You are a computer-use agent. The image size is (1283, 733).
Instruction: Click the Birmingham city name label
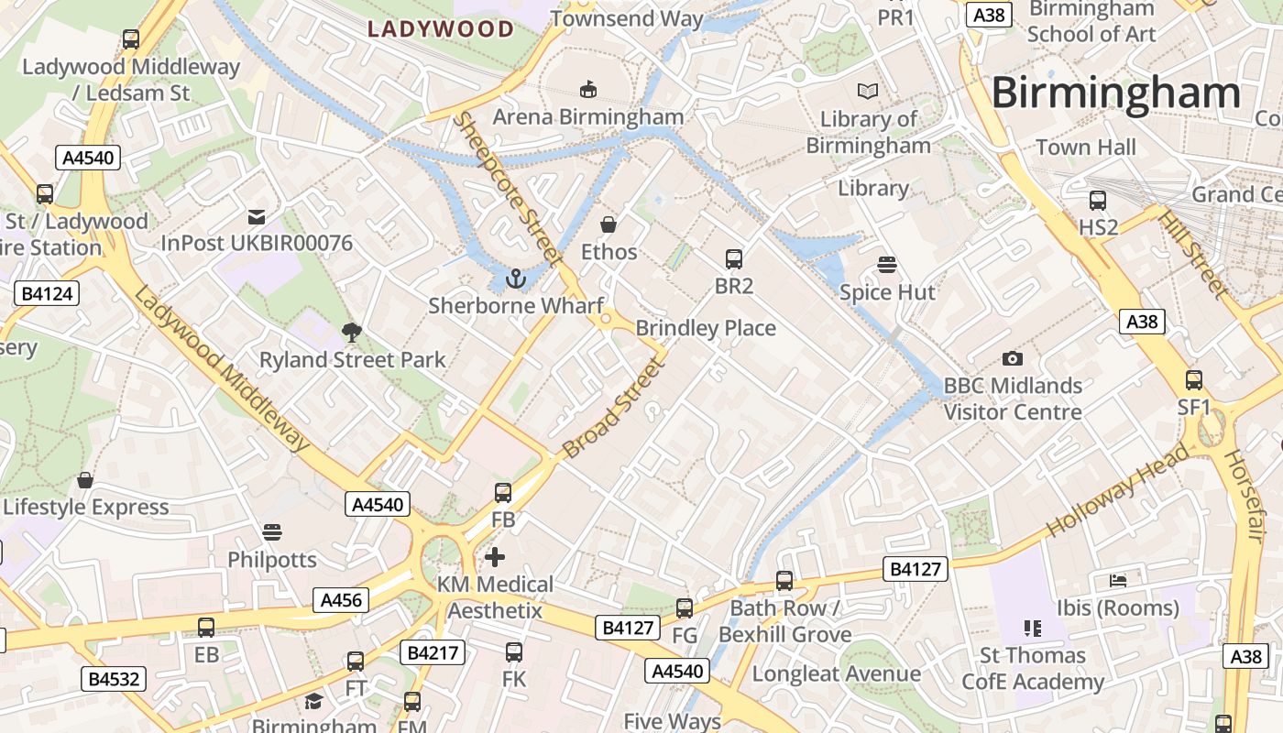click(1115, 93)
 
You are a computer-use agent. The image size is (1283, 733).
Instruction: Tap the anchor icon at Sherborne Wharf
click(515, 279)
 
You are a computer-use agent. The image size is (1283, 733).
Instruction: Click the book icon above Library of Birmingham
click(867, 92)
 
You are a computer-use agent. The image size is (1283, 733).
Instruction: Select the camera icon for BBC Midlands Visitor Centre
click(1012, 358)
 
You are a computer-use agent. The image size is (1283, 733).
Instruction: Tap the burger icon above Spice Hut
click(886, 266)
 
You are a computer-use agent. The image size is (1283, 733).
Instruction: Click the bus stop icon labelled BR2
click(733, 259)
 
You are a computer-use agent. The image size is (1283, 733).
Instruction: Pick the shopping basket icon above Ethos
click(608, 224)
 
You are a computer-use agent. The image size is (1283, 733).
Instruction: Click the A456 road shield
click(342, 600)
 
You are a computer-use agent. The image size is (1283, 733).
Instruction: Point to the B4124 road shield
click(47, 293)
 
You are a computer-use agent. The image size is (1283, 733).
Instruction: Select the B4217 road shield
click(433, 652)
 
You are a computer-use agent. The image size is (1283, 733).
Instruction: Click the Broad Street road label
click(611, 409)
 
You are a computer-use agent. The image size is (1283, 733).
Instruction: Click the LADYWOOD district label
click(441, 29)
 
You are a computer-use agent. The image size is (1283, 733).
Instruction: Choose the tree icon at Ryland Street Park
click(351, 333)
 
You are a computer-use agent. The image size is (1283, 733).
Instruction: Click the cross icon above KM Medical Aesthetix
click(495, 557)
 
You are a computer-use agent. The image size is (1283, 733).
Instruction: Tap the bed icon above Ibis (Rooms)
click(1117, 580)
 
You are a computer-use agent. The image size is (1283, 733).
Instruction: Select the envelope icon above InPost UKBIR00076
click(257, 217)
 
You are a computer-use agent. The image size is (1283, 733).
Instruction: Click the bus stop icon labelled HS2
click(1098, 201)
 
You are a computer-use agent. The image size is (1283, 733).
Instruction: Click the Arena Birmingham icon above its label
click(587, 89)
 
